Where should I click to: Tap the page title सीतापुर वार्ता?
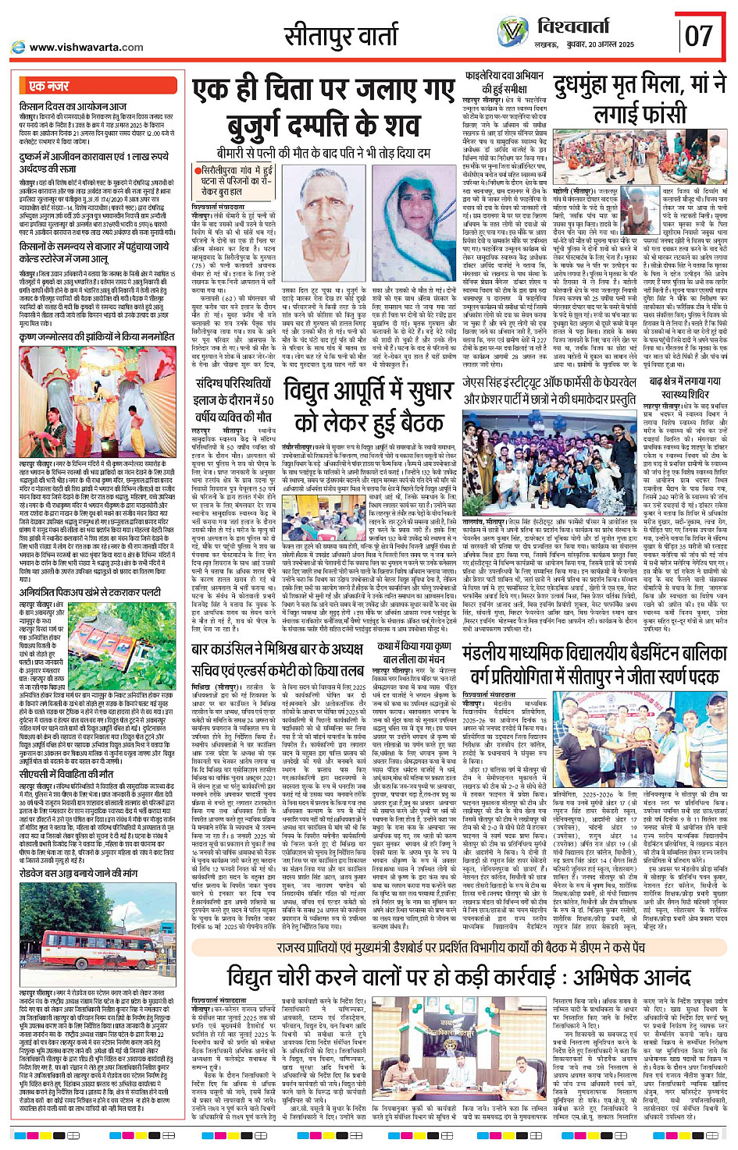pyautogui.click(x=340, y=36)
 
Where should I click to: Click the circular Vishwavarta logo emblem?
pyautogui.click(x=513, y=33)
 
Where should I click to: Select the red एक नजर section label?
pyautogui.click(x=48, y=86)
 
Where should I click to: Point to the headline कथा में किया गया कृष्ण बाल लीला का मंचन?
pyautogui.click(x=414, y=652)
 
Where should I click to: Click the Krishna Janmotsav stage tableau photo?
pyautogui.click(x=98, y=394)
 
